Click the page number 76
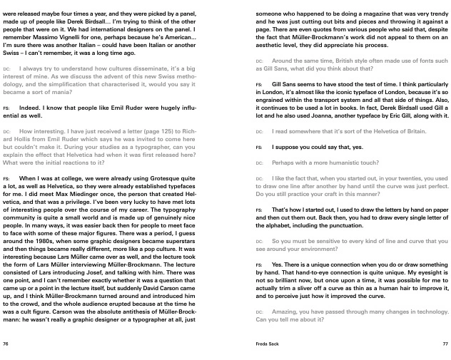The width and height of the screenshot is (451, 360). tap(6, 344)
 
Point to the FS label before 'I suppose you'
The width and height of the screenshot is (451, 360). tap(258, 147)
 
